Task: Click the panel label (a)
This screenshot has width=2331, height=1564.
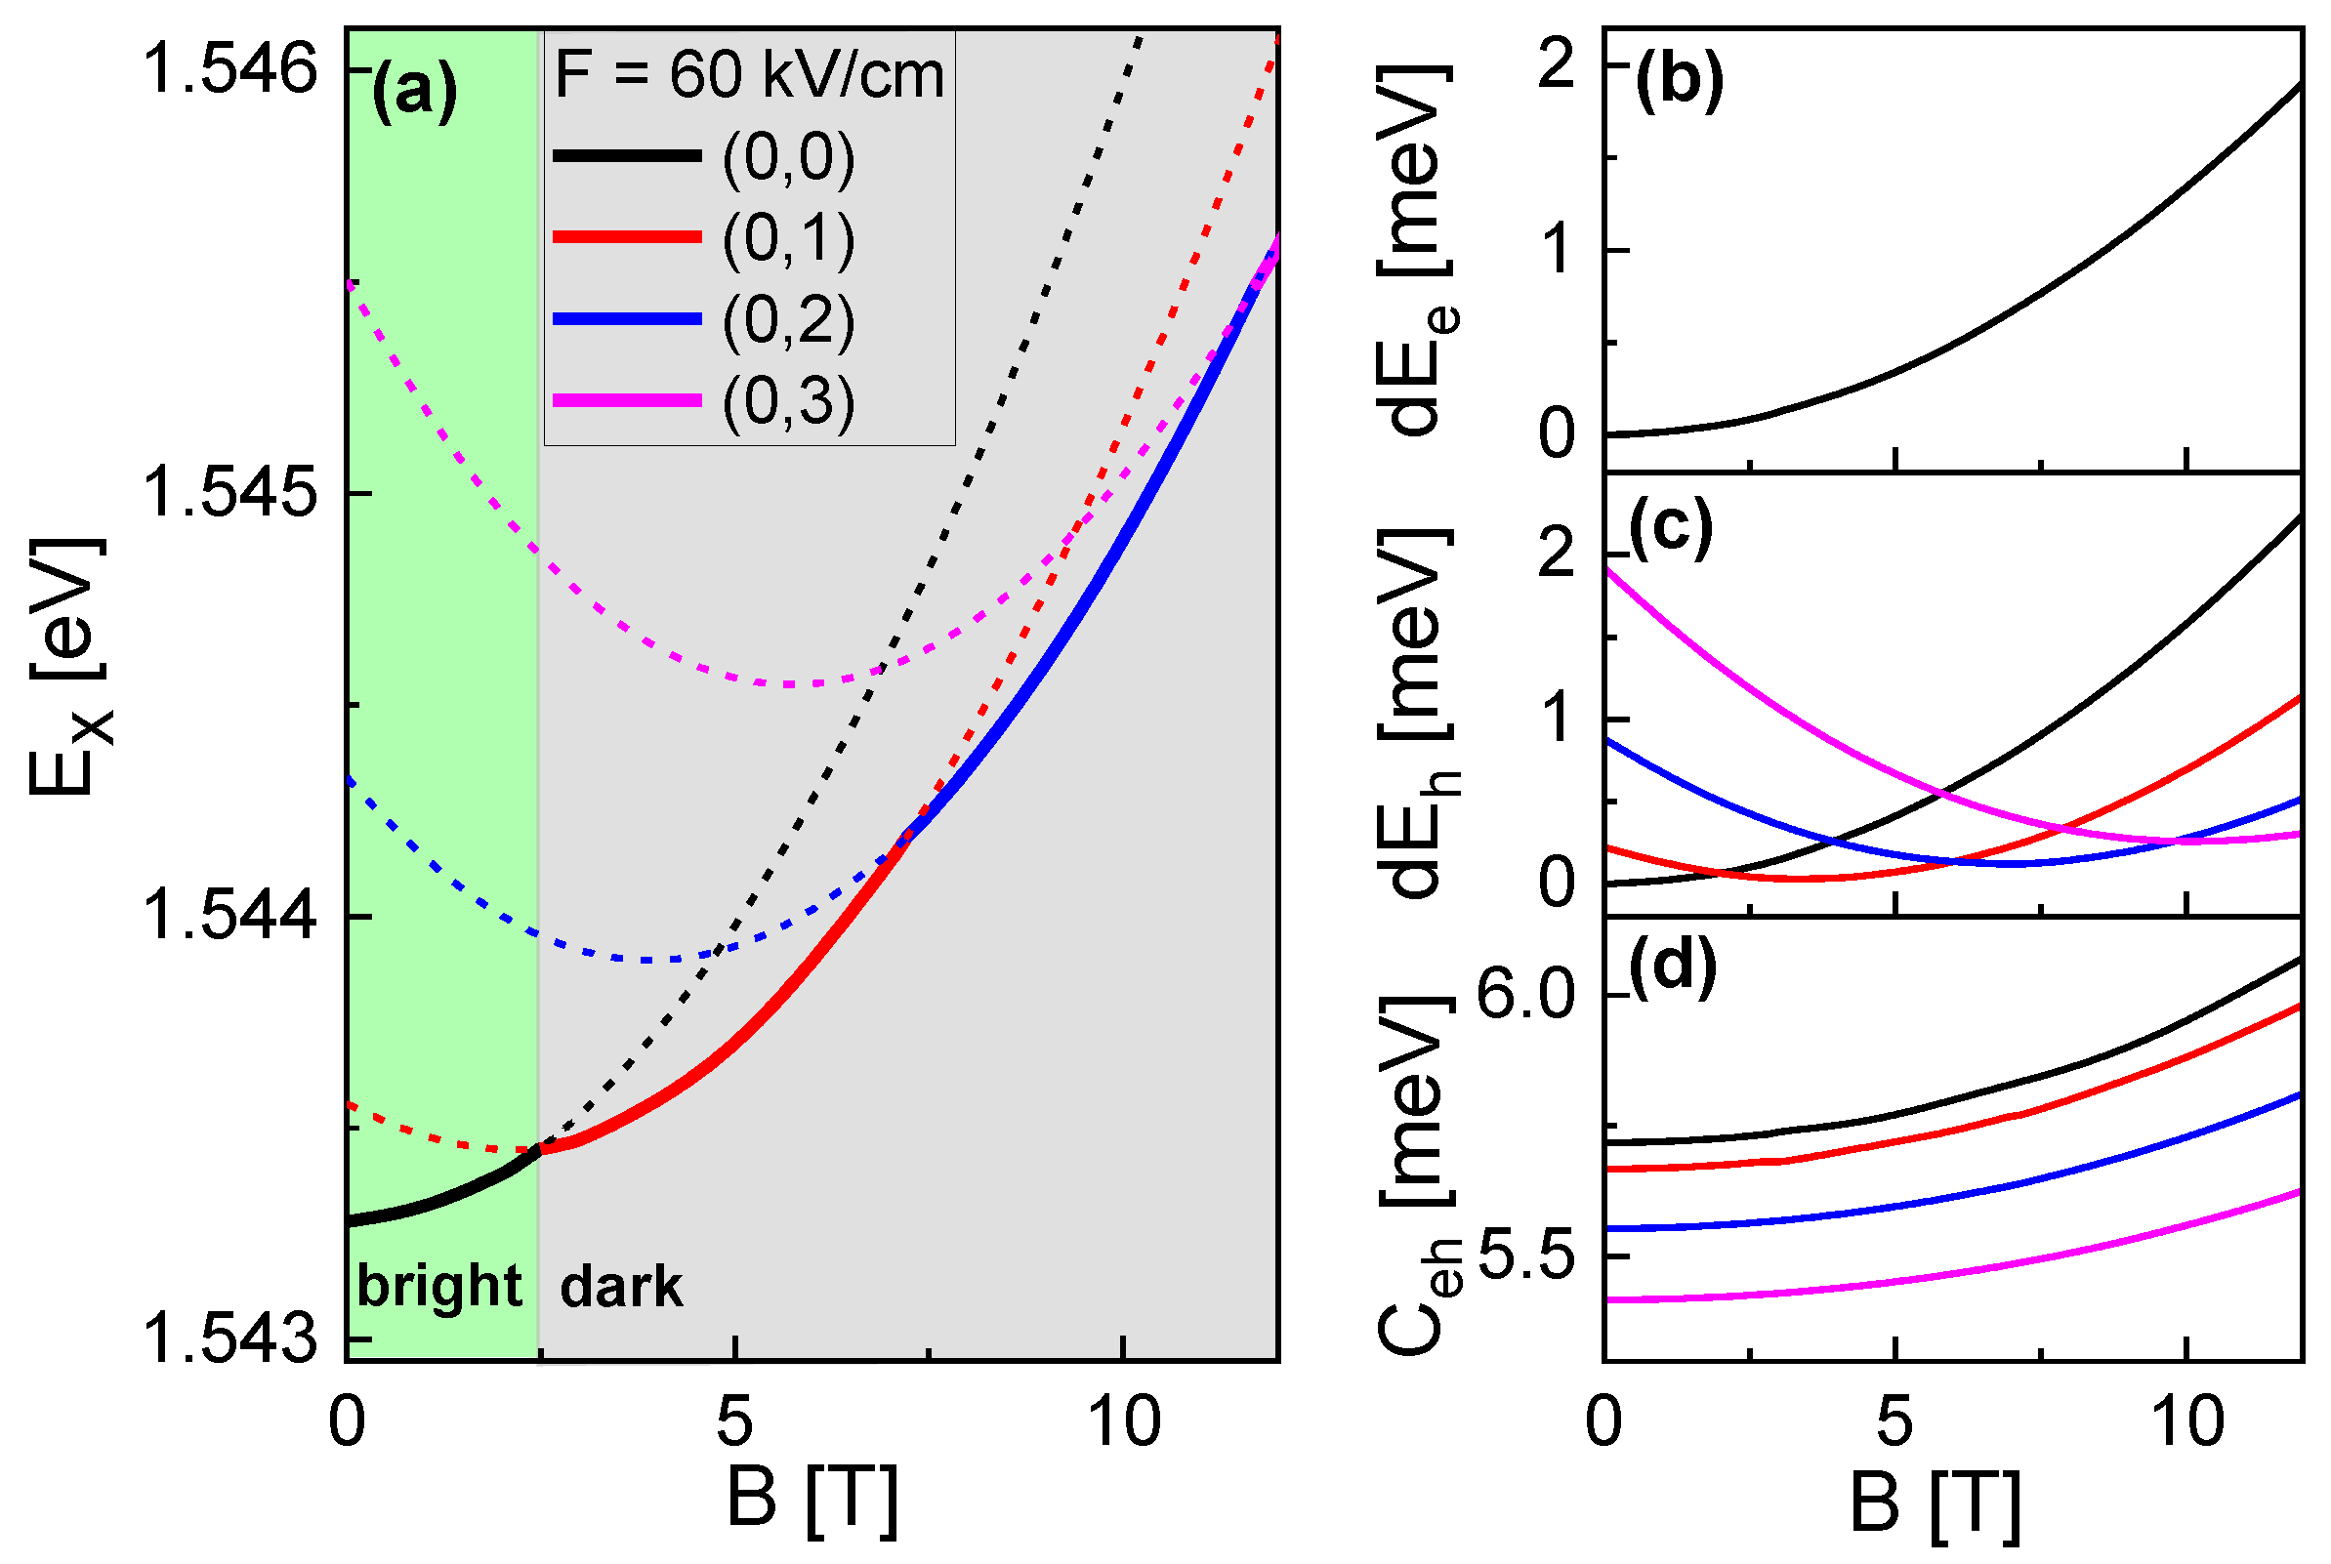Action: click(x=414, y=93)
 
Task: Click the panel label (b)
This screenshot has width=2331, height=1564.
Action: click(x=1679, y=81)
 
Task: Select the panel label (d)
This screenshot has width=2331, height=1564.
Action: click(x=1673, y=966)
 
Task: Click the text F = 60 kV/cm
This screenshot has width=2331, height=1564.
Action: click(x=749, y=75)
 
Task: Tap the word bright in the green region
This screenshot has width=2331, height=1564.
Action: click(x=438, y=1286)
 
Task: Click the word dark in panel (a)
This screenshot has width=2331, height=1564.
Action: click(x=620, y=1287)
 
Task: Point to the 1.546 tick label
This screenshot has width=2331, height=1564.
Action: click(x=229, y=70)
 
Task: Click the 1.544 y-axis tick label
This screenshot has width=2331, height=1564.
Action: click(x=229, y=916)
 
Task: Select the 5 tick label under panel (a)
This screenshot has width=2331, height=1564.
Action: click(x=734, y=1421)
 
